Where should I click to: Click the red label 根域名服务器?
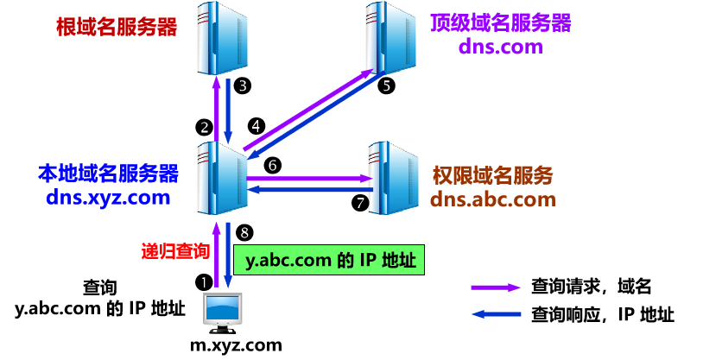[x=117, y=27]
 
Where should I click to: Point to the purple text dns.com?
[x=500, y=47]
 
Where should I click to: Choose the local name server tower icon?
[x=222, y=178]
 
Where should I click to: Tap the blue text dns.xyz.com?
[x=108, y=199]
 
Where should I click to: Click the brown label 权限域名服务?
[x=492, y=176]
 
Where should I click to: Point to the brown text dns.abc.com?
[x=492, y=199]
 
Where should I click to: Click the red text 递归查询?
[x=175, y=251]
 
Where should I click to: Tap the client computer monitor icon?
[x=222, y=311]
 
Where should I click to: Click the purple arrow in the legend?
[x=496, y=287]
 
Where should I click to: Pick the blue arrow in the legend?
[x=496, y=314]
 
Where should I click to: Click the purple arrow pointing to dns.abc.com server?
[x=308, y=179]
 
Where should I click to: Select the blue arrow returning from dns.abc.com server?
[x=308, y=190]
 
